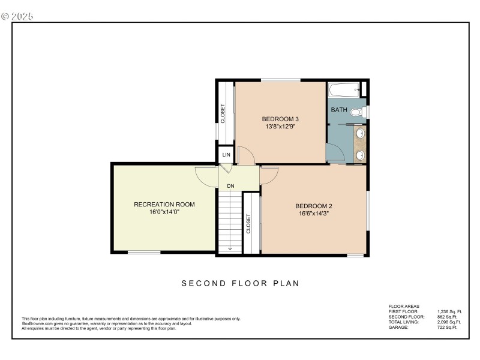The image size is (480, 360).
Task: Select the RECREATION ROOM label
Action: [x=164, y=205]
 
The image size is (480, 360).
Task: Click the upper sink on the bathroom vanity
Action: [x=361, y=133]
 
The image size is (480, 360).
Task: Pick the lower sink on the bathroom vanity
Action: [x=361, y=155]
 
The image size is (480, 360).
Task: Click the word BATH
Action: [x=339, y=110]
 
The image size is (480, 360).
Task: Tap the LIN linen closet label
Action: [x=226, y=155]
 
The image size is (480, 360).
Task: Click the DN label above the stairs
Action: [x=230, y=186]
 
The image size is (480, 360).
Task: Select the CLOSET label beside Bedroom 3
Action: [x=223, y=113]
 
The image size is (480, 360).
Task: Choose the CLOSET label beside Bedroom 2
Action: [x=248, y=224]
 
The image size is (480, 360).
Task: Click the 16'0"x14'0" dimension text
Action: [x=164, y=212]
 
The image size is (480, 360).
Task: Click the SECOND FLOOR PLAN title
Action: [x=240, y=283]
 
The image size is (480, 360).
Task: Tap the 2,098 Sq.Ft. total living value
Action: [x=449, y=322]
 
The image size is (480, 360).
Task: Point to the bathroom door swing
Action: [x=335, y=153]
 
